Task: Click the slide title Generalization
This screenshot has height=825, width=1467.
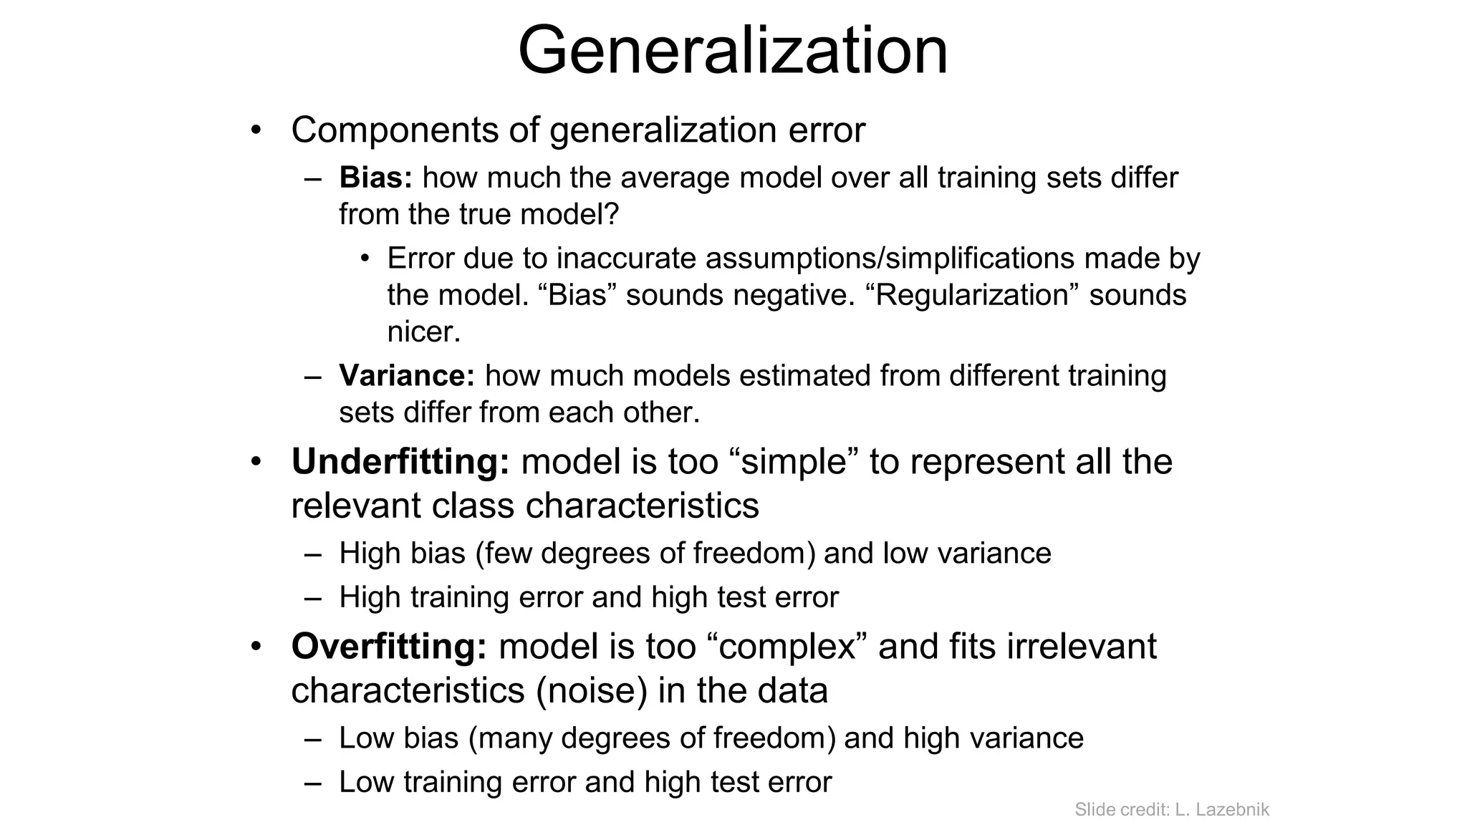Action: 733,50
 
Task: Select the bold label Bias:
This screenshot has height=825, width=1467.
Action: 375,178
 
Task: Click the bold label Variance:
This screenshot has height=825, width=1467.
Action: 406,376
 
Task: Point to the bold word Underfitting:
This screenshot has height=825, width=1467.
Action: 400,461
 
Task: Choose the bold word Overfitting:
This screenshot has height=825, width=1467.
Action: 389,646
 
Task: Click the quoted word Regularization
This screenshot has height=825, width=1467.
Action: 978,295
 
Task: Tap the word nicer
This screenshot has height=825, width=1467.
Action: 423,332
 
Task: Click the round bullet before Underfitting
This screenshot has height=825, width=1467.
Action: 256,462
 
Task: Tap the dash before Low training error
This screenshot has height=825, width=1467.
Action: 312,783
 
